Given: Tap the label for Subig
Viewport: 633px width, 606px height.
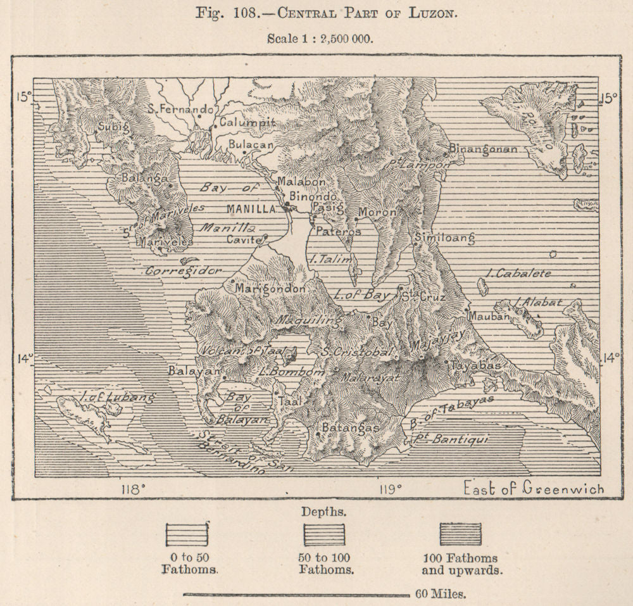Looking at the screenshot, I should pos(113,126).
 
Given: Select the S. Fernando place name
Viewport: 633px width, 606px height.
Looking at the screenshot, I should pos(180,109).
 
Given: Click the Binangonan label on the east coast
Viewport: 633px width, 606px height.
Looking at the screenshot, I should pos(483,149).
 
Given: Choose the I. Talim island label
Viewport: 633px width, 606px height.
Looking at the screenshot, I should pos(328,259).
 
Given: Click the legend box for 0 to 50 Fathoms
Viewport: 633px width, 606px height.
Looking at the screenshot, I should pos(187,534).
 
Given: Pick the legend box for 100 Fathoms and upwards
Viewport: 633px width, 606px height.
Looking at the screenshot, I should pos(460,534).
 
